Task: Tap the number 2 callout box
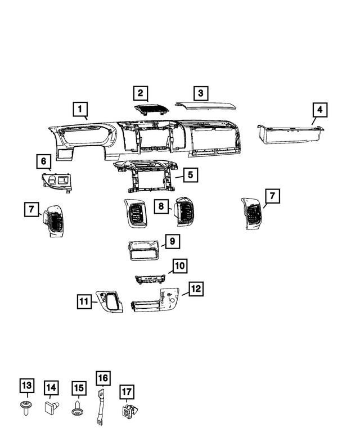pos(140,93)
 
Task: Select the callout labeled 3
pos(199,93)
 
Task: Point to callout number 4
pos(319,109)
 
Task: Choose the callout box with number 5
pos(191,175)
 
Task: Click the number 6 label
pos(42,162)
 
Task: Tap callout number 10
pos(179,265)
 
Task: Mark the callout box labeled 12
pos(195,289)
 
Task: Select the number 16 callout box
pos(103,378)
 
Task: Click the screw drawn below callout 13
pos(25,407)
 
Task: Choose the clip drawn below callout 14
pos(51,407)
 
